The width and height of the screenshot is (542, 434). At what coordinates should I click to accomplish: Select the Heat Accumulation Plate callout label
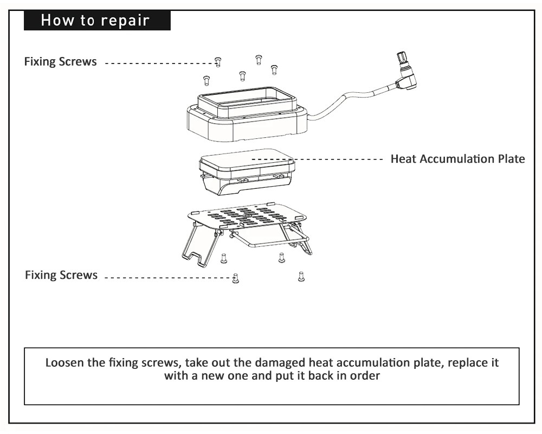pos(457,159)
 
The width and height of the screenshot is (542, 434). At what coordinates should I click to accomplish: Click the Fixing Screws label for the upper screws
pos(60,62)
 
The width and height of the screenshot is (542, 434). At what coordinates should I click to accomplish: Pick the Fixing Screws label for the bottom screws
pos(61,276)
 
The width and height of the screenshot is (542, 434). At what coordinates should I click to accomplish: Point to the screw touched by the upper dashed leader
pos(218,62)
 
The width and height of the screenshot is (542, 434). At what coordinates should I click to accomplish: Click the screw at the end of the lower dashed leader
pos(235,278)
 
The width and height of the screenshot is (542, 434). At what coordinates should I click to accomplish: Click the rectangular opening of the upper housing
pos(247,101)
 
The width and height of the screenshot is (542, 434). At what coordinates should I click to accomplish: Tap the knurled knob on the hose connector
pos(403,58)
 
